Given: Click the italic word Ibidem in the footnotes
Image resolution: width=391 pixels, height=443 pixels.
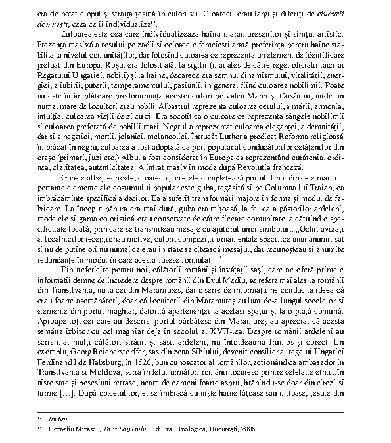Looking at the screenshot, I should pos(61,418).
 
